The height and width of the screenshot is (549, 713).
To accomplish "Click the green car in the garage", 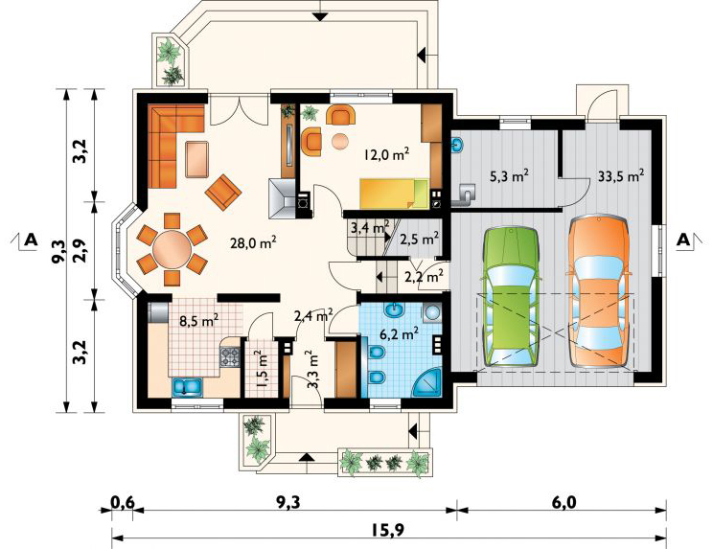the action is [x=511, y=296].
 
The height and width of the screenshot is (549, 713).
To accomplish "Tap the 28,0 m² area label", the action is [x=254, y=242].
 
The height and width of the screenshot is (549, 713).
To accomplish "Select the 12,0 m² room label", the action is [x=386, y=154].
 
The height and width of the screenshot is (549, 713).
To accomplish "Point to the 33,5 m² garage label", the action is [x=621, y=176].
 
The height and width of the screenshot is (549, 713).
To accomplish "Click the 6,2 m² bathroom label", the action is [x=399, y=334].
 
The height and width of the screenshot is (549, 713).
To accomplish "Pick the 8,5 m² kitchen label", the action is [x=198, y=320].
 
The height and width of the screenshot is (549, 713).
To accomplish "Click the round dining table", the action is [x=172, y=249].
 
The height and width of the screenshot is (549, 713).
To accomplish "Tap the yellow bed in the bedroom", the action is [x=395, y=194].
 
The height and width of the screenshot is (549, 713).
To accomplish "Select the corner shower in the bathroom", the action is [x=428, y=382].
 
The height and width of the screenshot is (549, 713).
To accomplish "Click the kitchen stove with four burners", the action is [x=230, y=356].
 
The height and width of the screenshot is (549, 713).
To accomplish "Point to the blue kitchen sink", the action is [x=187, y=387].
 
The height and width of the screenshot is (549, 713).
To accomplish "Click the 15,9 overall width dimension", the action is [x=390, y=530].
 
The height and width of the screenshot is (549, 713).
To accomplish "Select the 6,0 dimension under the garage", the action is [x=563, y=503].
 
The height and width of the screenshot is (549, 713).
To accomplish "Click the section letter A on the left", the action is [x=31, y=240].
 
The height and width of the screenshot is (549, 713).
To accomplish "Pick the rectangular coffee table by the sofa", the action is [x=197, y=159].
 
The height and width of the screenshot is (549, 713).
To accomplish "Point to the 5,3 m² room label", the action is [x=509, y=176].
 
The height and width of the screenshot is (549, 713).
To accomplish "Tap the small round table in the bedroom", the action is [x=340, y=141].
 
